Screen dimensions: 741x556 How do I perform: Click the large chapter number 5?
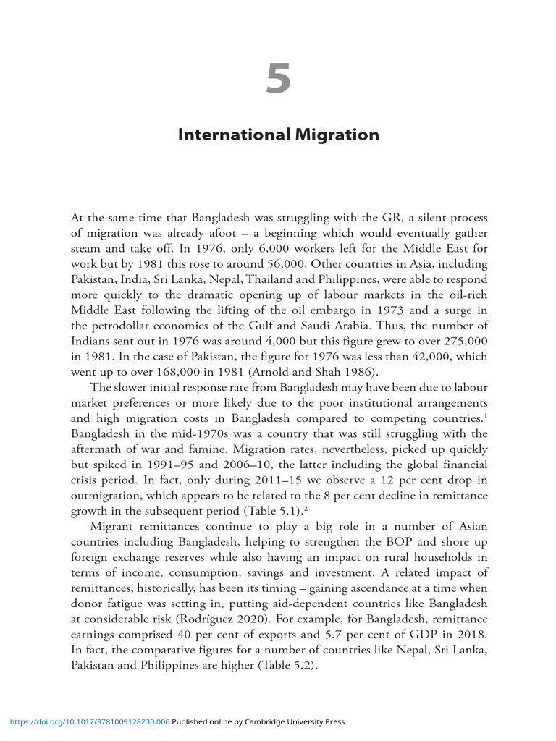point(278,79)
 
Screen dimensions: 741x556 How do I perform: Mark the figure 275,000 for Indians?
point(462,340)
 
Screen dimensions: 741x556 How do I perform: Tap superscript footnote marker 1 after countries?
point(485,415)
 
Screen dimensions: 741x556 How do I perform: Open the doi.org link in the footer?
point(90,721)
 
